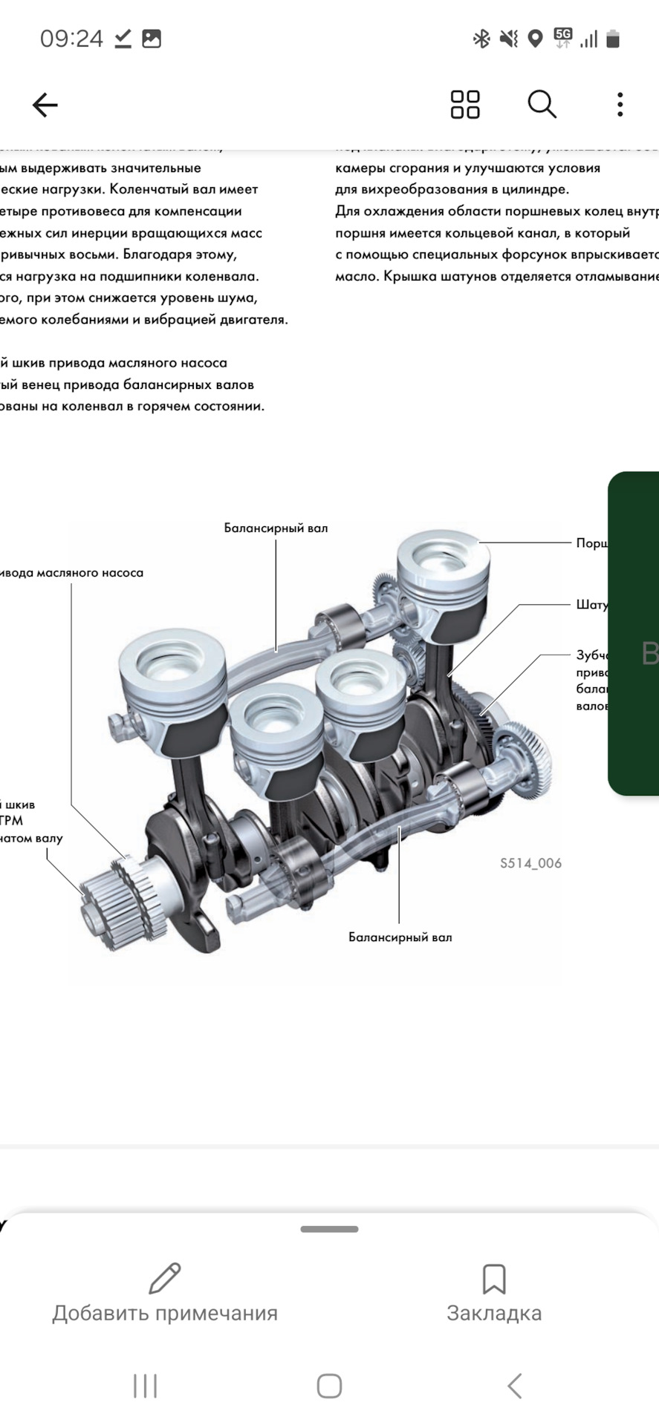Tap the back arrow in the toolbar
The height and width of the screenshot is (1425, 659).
click(x=45, y=105)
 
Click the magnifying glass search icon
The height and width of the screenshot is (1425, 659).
click(x=542, y=105)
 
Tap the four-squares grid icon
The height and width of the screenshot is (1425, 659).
click(x=465, y=105)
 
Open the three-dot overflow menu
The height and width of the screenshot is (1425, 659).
click(x=620, y=105)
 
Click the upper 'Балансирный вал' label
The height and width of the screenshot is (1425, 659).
click(x=276, y=528)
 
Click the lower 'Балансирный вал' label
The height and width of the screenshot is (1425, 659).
click(x=400, y=937)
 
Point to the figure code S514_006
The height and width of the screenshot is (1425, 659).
click(x=530, y=863)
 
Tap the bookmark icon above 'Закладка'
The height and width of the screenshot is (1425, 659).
click(x=494, y=1279)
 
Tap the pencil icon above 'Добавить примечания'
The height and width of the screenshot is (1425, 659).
click(x=165, y=1278)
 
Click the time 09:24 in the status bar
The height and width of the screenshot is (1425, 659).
click(x=71, y=39)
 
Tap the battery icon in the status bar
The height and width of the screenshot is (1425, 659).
click(x=613, y=39)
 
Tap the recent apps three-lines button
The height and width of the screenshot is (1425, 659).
click(x=145, y=1386)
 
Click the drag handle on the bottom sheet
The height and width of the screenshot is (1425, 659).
click(x=329, y=1229)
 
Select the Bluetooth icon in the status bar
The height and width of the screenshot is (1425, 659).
click(x=481, y=39)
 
